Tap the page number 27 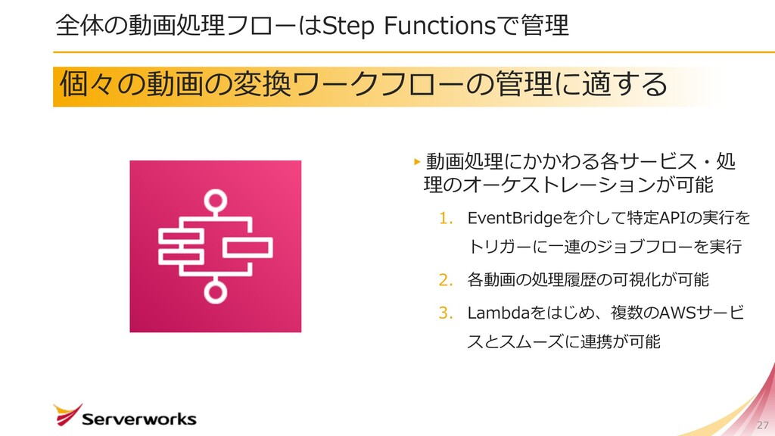pyautogui.click(x=762, y=425)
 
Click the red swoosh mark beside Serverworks pyautogui.click(x=67, y=413)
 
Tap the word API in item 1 pyautogui.click(x=673, y=219)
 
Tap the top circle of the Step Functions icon pyautogui.click(x=216, y=201)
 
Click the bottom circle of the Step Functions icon pyautogui.click(x=216, y=291)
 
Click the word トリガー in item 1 pyautogui.click(x=493, y=247)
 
